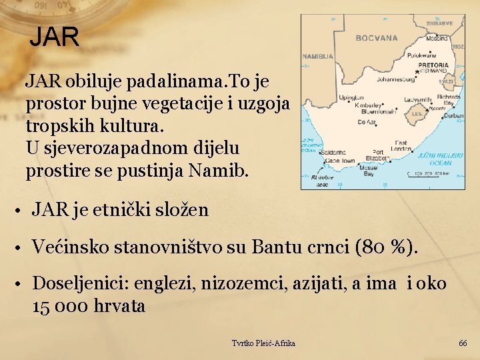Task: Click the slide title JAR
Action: [54, 37]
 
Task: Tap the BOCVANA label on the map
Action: [376, 38]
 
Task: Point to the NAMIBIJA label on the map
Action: [318, 57]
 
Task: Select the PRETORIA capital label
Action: [433, 65]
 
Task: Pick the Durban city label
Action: [453, 115]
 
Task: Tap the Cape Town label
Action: [339, 161]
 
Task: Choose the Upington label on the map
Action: [352, 97]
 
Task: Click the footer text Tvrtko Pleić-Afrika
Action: [263, 343]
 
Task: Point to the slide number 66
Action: [463, 343]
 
